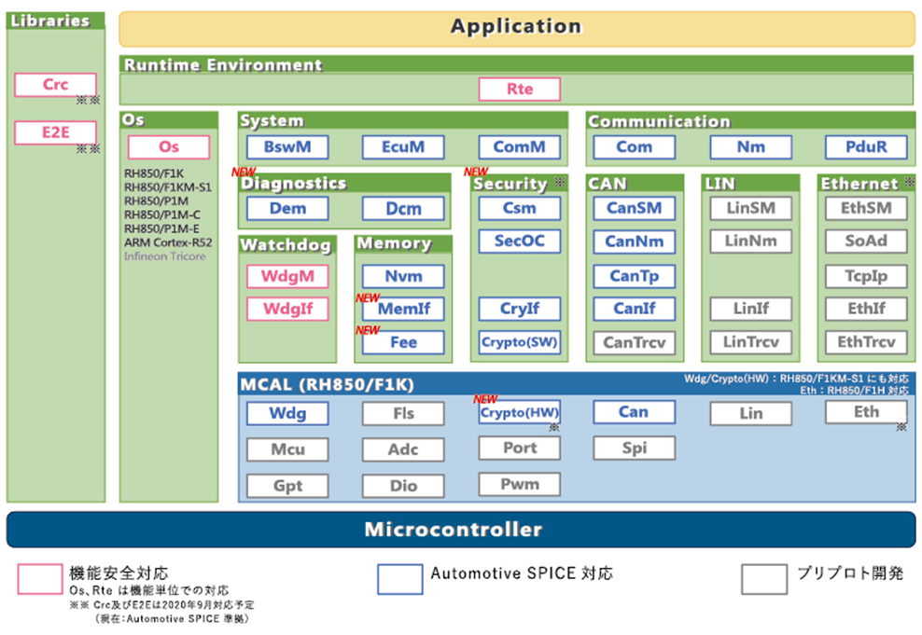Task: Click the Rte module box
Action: tap(520, 90)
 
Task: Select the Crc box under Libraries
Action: tap(55, 85)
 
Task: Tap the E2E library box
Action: tap(55, 132)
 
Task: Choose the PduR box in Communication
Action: tap(867, 147)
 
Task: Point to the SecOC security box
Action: tap(520, 242)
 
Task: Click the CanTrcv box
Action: tap(635, 342)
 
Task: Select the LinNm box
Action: tap(751, 242)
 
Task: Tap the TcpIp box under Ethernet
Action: tap(866, 276)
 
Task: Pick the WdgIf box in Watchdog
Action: tap(287, 309)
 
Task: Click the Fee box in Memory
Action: tap(403, 342)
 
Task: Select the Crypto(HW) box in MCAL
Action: tap(520, 412)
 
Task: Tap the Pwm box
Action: tap(520, 484)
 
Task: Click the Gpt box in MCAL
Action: tap(287, 486)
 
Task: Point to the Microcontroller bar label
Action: tap(453, 530)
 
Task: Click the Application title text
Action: tap(516, 26)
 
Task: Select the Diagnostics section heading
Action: tap(294, 184)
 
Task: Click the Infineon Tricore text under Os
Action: tap(164, 256)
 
